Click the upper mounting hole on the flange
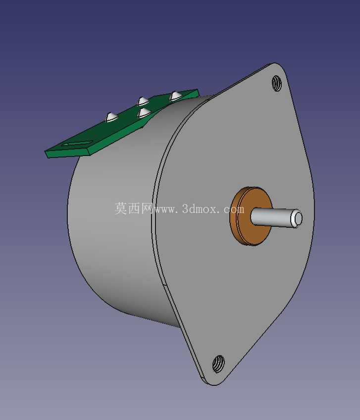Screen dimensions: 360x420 coord(277,83)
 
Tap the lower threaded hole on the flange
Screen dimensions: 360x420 coord(218,364)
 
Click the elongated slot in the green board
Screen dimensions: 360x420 coord(77,143)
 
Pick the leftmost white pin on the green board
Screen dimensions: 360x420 coord(111,117)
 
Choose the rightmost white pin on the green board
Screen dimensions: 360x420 coord(176,96)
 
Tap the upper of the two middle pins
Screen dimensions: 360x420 coord(143,101)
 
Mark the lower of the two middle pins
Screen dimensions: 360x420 coord(144,113)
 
